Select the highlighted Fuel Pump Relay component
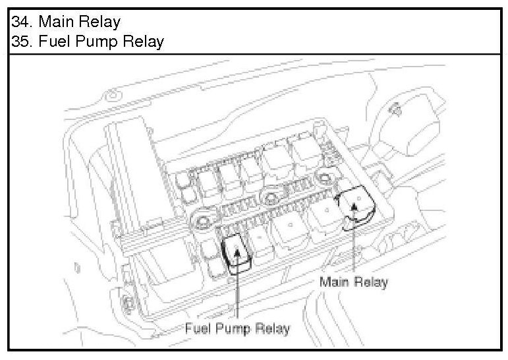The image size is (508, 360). (237, 253)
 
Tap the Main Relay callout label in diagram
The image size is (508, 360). (354, 282)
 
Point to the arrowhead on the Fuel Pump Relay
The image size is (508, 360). (236, 249)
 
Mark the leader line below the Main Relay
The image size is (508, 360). (354, 244)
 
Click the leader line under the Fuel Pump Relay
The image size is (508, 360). (236, 290)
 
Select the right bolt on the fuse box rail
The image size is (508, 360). (324, 177)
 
